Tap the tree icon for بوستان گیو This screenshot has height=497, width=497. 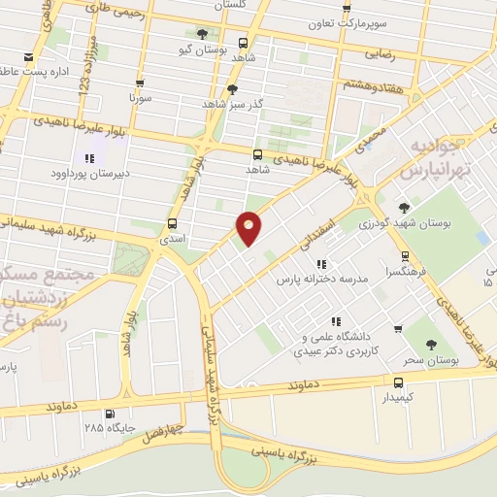[x=202, y=34]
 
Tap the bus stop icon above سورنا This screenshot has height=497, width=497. [x=141, y=83]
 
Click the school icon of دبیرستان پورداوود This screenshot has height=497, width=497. [x=89, y=157]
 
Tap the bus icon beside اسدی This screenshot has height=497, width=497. [x=172, y=223]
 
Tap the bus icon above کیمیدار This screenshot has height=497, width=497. [x=398, y=381]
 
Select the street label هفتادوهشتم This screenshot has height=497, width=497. [x=370, y=85]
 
